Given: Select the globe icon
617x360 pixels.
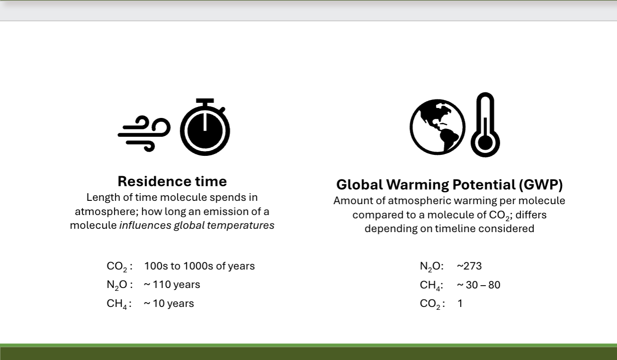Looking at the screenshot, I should [437, 127].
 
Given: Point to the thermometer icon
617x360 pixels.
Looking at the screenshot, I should [485, 125].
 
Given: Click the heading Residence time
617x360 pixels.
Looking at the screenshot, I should [172, 181].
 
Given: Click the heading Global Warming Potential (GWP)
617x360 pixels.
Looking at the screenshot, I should [449, 184].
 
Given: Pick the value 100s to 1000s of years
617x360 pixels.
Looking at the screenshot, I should [200, 266].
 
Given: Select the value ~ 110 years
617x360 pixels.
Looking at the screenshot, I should [172, 285].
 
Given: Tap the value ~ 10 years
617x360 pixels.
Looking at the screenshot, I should [169, 303].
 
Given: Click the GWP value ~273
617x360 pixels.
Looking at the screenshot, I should [469, 266].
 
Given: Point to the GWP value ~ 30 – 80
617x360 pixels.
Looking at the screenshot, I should [479, 285].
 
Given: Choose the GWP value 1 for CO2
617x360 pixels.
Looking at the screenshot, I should [460, 304].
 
